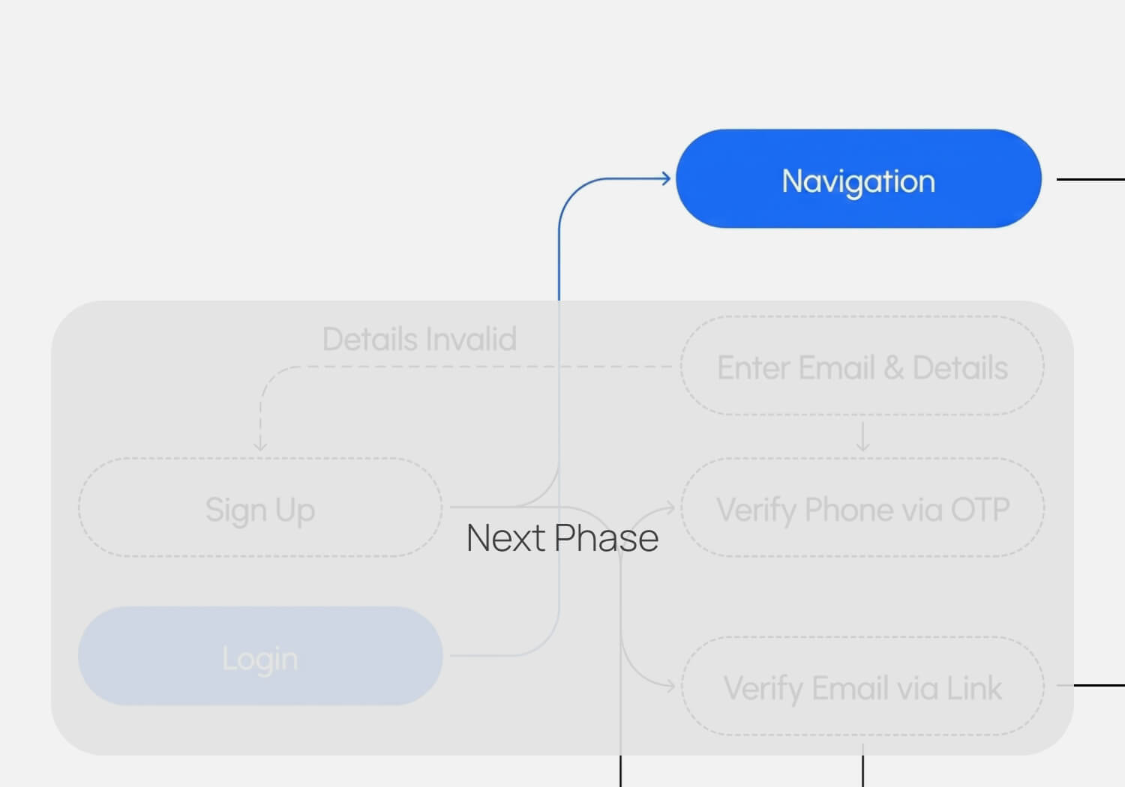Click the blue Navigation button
(x=858, y=178)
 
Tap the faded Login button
(x=260, y=656)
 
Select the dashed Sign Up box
(x=260, y=507)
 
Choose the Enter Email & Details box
(x=862, y=366)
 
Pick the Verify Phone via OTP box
(x=862, y=507)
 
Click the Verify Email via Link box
(x=862, y=686)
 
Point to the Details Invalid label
(x=419, y=339)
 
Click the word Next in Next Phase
(x=505, y=537)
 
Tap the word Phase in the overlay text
(x=607, y=537)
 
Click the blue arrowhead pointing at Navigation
(x=666, y=178)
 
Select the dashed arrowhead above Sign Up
(x=260, y=446)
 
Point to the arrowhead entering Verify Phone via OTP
(x=670, y=507)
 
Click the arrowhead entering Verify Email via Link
(x=670, y=686)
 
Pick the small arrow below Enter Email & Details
(x=862, y=436)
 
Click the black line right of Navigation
(x=1090, y=179)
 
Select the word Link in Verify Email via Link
(x=974, y=688)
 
